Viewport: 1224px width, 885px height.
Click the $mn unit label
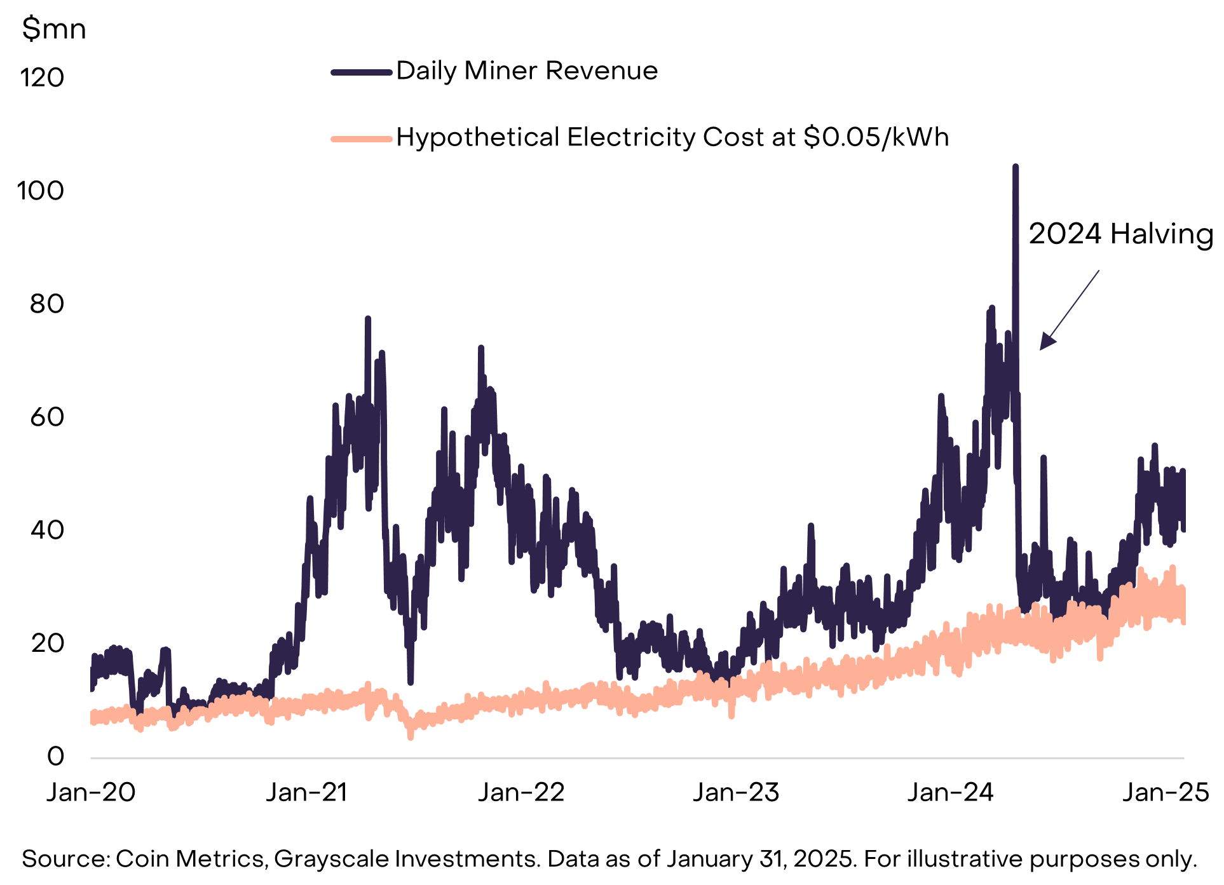[x=53, y=29]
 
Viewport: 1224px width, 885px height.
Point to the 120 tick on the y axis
[x=42, y=78]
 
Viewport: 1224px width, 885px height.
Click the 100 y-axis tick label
[x=41, y=191]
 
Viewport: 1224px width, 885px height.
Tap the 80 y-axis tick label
[x=46, y=304]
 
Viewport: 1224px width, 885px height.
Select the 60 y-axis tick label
[x=46, y=417]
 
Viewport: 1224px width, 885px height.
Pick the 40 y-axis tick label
[x=46, y=530]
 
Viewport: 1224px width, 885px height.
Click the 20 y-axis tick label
[x=46, y=643]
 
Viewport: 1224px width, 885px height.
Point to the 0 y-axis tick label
[x=55, y=756]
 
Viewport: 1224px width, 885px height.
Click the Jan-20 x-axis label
[x=91, y=792]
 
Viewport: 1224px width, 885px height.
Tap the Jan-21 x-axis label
[x=306, y=792]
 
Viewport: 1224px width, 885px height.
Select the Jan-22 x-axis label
[x=521, y=792]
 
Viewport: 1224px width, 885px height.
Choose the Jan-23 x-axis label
[x=736, y=792]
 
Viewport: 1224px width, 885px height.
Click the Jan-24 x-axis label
[x=951, y=792]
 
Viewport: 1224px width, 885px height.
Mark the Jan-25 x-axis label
[x=1166, y=792]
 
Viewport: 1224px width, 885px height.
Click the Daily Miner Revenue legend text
[x=527, y=71]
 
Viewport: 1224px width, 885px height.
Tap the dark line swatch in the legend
[x=361, y=72]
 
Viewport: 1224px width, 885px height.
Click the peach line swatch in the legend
[x=361, y=138]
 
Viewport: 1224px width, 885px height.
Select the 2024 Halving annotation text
[x=1120, y=234]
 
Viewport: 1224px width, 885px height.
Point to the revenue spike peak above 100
[x=1016, y=168]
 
